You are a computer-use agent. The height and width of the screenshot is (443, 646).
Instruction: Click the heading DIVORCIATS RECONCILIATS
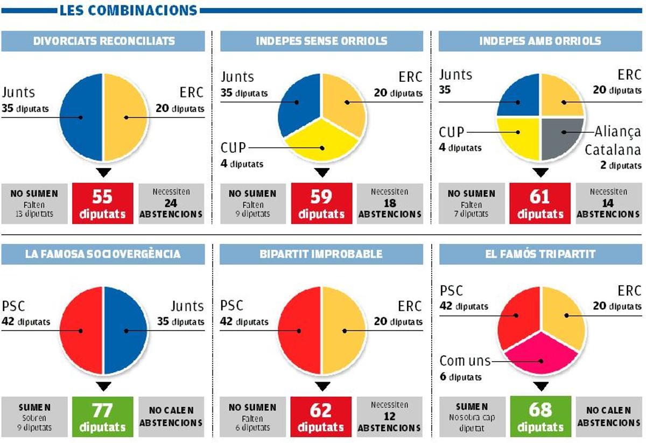(103, 41)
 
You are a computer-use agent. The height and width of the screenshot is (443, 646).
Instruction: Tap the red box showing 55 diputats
(102, 203)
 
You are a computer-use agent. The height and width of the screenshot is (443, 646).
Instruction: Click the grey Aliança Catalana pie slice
(563, 139)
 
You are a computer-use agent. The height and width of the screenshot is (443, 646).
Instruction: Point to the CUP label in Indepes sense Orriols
(233, 147)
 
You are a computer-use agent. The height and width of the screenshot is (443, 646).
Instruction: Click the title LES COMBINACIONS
(128, 10)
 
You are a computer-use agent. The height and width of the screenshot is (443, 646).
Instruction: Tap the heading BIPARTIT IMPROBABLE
(321, 254)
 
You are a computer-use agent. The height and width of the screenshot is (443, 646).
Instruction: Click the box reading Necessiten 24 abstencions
(171, 203)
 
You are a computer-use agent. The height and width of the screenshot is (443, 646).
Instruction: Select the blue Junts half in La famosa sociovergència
(125, 330)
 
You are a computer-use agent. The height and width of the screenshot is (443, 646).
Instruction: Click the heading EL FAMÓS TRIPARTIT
(540, 254)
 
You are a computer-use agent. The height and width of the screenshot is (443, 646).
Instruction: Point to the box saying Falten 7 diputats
(471, 203)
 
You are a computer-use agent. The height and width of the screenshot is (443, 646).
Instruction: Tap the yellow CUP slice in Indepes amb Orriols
(518, 139)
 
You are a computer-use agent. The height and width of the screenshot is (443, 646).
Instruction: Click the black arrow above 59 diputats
(321, 173)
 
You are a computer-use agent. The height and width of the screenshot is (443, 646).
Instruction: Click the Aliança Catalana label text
(613, 140)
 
